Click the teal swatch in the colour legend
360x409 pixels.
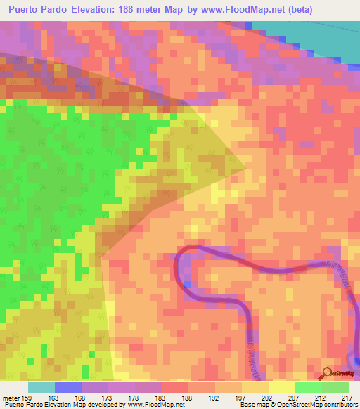41,387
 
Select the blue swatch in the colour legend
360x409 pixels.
67,387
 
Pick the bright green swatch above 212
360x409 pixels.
308,387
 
